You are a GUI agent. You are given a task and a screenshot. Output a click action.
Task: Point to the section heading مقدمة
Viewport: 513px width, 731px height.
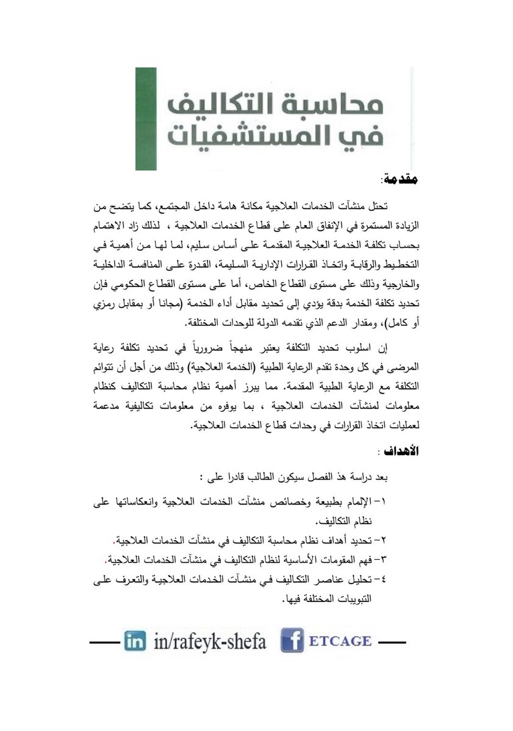(401, 180)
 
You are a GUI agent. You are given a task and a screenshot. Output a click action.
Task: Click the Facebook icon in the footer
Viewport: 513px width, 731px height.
(292, 642)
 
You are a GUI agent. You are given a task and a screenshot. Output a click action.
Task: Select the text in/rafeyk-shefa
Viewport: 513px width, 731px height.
(206, 642)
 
